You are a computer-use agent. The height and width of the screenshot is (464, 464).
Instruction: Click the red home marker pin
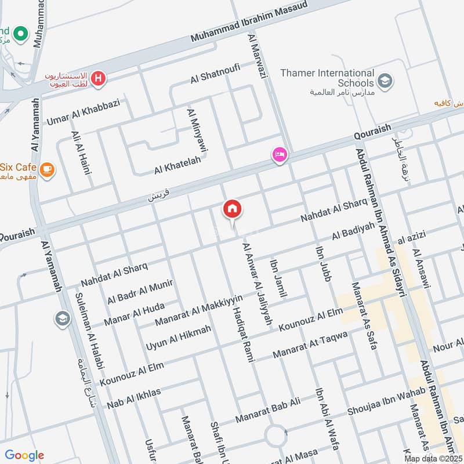tap(233, 209)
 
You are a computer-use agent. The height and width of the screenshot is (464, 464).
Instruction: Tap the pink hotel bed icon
tap(280, 155)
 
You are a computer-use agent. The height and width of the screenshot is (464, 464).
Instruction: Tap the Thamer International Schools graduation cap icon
tap(384, 81)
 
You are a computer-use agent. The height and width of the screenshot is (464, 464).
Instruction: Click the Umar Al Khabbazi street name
tap(83, 112)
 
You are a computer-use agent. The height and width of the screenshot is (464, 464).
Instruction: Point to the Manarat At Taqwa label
tap(310, 345)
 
